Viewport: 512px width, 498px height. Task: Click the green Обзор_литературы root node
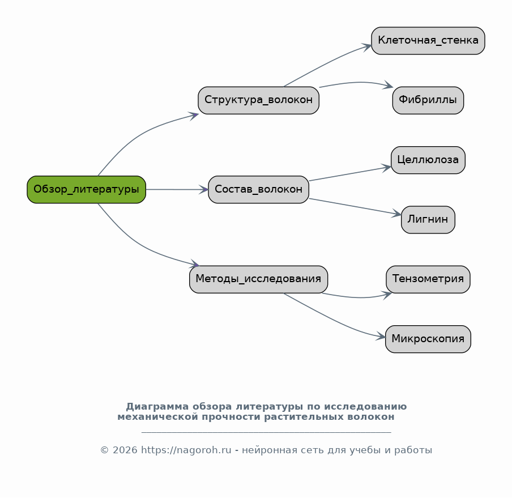[86, 189]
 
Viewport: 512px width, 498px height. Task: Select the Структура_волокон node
[258, 100]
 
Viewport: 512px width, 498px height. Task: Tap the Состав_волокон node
[258, 189]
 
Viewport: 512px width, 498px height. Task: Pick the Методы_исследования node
[258, 279]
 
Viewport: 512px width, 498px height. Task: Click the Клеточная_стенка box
[428, 40]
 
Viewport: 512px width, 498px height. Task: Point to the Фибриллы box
[428, 100]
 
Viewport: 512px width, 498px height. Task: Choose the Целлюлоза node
[428, 160]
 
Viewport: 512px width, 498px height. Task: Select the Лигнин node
[428, 219]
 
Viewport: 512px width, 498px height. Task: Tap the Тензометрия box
[428, 279]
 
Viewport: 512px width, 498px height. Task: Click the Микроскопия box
[428, 339]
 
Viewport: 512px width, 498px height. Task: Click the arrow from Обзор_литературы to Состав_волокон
[177, 189]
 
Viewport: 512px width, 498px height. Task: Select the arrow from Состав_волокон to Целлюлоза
[349, 174]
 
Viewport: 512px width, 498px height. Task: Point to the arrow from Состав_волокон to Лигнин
[355, 206]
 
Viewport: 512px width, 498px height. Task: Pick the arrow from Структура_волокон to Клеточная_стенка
[327, 63]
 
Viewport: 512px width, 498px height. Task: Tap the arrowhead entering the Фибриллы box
[389, 85]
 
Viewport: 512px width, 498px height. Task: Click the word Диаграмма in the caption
[157, 407]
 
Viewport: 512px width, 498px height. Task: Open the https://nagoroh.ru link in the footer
[186, 450]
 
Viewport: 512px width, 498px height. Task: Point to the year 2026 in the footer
[125, 450]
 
